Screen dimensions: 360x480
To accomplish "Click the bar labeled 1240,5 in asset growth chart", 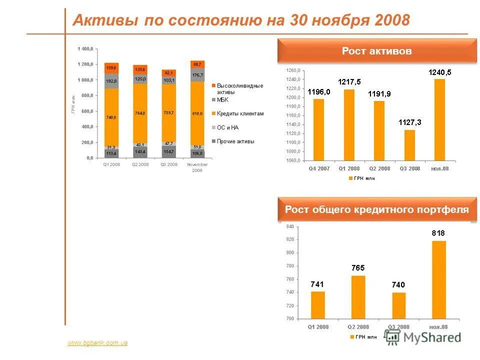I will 439,120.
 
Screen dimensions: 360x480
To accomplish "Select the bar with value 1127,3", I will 409,145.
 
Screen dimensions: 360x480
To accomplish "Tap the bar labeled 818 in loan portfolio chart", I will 439,280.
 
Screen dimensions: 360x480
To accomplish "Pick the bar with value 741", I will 318,305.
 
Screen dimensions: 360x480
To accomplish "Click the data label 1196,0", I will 318,92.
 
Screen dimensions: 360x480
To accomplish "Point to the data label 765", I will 358,268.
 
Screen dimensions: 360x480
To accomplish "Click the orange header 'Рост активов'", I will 377,51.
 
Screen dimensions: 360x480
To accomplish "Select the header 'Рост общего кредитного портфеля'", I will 377,209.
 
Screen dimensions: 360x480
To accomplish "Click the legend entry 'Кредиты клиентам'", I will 239,114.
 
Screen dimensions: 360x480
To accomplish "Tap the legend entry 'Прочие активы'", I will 235,141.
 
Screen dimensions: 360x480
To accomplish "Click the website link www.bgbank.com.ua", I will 97,343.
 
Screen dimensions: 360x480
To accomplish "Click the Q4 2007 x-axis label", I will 319,168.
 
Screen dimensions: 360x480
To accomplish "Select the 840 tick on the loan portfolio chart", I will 290,226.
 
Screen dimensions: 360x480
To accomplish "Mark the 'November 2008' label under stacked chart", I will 197,167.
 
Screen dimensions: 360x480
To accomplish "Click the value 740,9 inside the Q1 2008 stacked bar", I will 111,117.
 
